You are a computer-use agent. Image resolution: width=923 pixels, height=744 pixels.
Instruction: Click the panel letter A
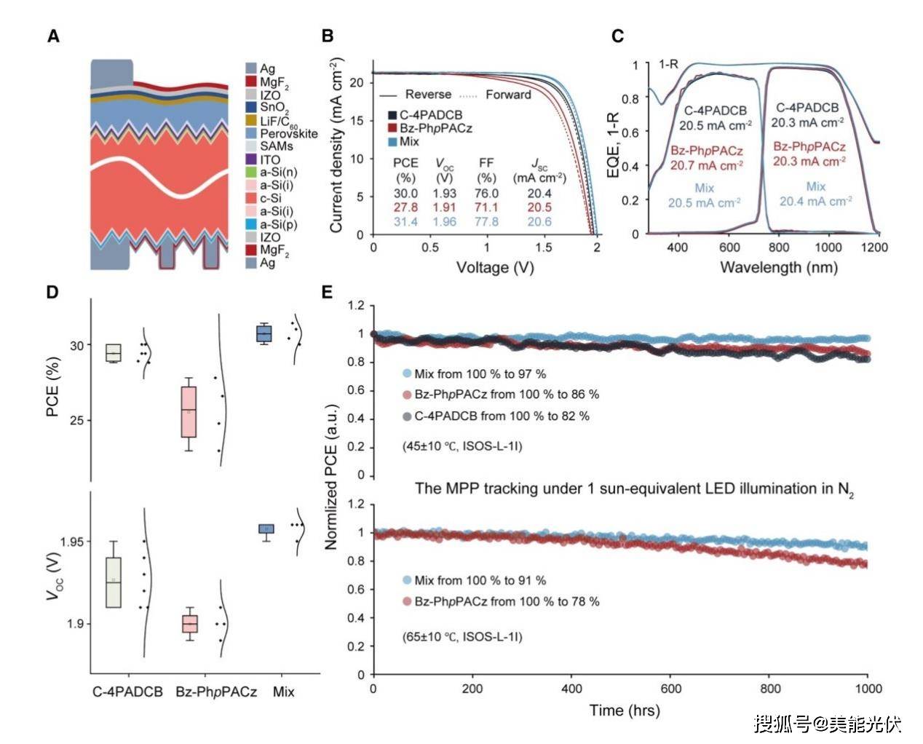click(53, 36)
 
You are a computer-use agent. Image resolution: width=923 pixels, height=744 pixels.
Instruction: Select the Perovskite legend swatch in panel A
click(251, 134)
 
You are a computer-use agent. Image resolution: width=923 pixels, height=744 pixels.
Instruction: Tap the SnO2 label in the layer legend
click(274, 108)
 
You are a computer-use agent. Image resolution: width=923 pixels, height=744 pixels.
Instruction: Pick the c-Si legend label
click(271, 198)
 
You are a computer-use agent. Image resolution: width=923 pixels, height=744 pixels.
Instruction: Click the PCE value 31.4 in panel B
click(405, 221)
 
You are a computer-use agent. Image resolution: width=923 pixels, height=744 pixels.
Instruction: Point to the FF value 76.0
click(486, 194)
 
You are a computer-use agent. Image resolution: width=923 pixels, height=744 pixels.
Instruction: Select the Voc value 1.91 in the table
click(444, 207)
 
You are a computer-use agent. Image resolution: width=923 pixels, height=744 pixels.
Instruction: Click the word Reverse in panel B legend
click(428, 95)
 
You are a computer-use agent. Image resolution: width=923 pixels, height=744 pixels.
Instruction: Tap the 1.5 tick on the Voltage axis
click(542, 248)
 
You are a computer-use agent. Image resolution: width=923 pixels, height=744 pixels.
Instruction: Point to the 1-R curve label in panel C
click(668, 65)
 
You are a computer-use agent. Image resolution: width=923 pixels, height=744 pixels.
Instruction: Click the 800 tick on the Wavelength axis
click(779, 248)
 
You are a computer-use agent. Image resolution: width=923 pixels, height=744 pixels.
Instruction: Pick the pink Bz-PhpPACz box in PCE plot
click(189, 411)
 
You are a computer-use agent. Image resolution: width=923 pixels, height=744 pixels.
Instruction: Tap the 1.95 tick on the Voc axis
click(72, 542)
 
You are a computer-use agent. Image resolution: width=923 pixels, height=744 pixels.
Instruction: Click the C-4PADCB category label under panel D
click(127, 692)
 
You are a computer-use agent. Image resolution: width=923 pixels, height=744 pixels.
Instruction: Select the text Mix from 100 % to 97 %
click(480, 373)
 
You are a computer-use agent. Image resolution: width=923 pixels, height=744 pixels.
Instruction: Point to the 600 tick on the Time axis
click(670, 689)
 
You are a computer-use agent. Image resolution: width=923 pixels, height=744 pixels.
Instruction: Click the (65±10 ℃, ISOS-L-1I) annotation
click(462, 636)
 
